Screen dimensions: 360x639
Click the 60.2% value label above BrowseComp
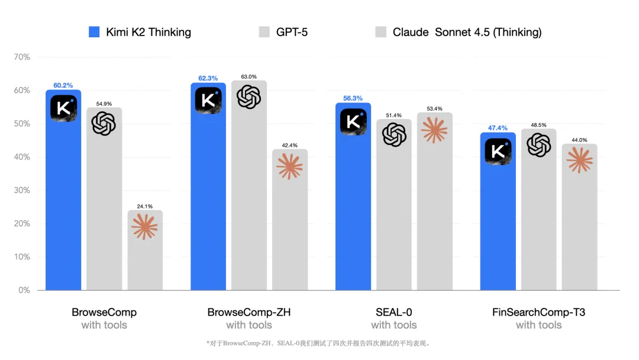[63, 85]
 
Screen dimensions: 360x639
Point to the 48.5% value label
[539, 125]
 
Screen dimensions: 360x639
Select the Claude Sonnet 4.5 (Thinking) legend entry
[459, 32]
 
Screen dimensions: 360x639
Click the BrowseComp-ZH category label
[249, 312]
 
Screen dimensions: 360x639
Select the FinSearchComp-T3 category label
[538, 312]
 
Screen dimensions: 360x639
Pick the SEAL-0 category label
[394, 312]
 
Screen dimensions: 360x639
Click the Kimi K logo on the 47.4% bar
[498, 151]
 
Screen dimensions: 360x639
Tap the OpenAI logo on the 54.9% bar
[104, 123]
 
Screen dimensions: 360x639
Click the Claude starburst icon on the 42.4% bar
[289, 166]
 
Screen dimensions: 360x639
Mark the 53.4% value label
[435, 108]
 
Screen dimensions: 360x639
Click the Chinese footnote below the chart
[318, 343]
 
